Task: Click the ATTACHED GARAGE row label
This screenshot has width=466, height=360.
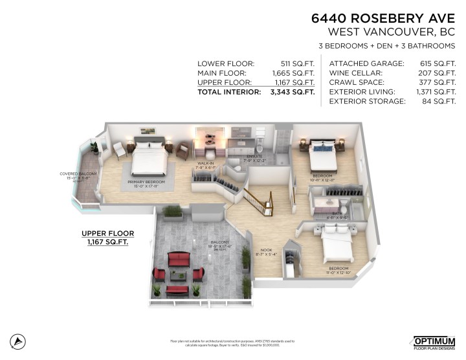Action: click(367, 63)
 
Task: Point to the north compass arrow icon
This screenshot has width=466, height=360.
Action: click(19, 341)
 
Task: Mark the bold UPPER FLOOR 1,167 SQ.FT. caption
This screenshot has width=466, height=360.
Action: click(108, 238)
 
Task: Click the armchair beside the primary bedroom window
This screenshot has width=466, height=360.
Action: click(120, 150)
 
